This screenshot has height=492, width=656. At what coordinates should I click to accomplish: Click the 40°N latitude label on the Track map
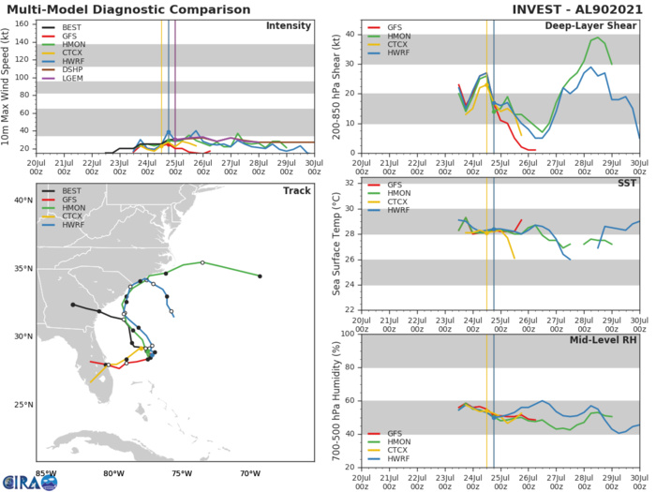[24, 199]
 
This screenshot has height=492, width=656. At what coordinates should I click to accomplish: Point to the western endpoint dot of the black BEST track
[72, 305]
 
